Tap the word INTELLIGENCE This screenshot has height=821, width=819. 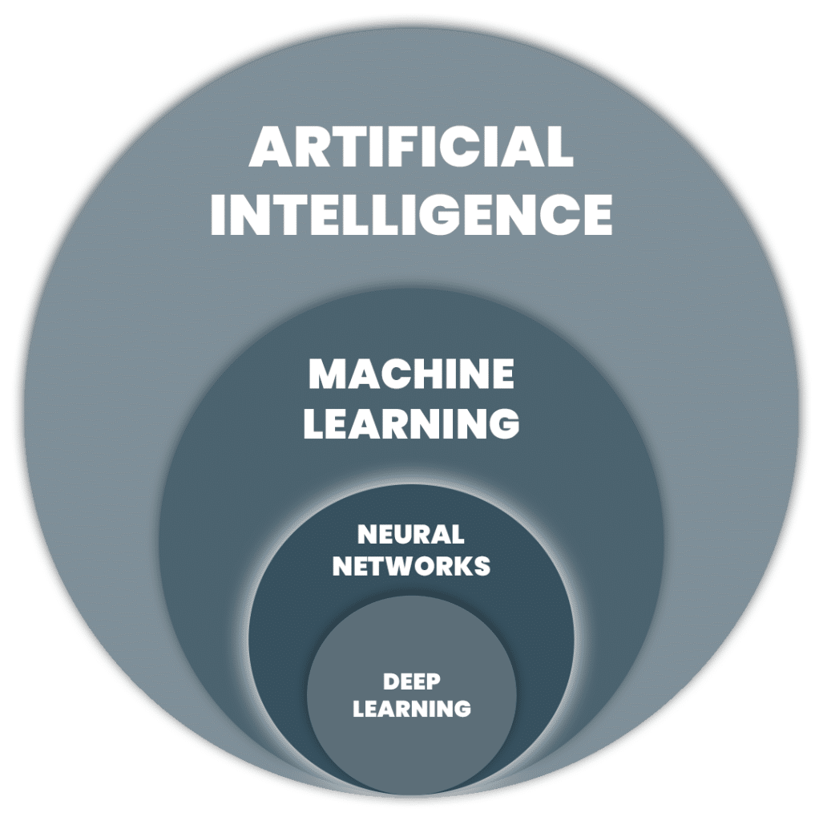[411, 215]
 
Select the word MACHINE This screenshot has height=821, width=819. [411, 374]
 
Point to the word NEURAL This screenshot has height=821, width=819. [411, 535]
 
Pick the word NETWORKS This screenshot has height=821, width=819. [411, 566]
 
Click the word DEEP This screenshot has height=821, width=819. [412, 681]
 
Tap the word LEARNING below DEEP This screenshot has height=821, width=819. [412, 709]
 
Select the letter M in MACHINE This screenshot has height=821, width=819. [328, 374]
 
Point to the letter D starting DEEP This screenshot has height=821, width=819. [391, 682]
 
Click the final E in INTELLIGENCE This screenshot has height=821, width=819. [598, 215]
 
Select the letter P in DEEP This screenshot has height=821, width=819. [434, 682]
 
